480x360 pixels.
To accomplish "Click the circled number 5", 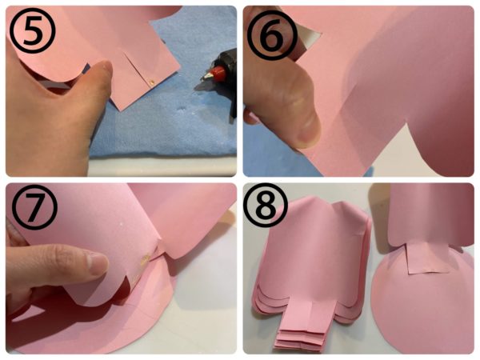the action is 33,30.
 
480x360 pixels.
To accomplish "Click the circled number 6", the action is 272,34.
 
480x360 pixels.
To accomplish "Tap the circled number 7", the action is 34,206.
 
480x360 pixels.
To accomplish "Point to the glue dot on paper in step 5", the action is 151,82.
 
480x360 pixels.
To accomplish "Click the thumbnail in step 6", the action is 309,132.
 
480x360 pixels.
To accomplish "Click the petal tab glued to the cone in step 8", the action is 422,257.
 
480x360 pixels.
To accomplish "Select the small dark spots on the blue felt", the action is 182,108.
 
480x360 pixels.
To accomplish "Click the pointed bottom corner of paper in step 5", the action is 122,110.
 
